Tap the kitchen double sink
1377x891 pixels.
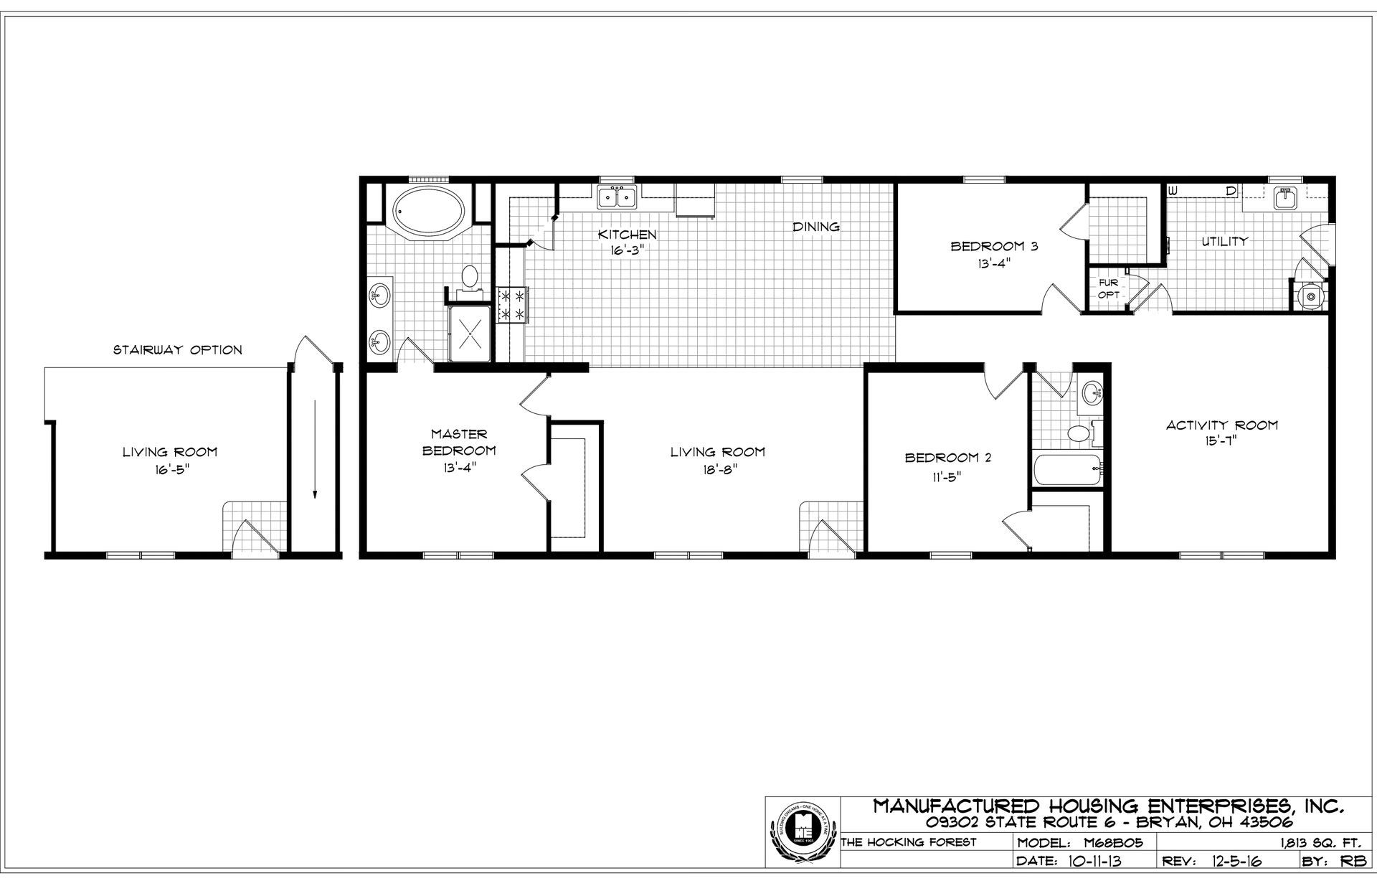617,197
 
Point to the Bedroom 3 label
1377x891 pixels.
994,246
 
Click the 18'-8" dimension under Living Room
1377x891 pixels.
717,469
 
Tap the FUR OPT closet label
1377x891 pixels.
1108,288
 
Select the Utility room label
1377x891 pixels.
1224,242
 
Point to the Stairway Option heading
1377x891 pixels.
178,350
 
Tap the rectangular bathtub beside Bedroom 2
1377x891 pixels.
1066,470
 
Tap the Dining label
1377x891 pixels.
816,227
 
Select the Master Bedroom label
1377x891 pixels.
459,442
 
